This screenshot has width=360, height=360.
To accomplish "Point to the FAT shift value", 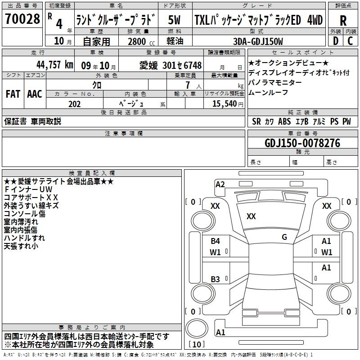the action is click(x=13, y=94).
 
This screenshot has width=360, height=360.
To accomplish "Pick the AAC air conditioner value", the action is click(x=35, y=94).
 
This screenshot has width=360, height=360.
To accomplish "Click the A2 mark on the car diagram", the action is click(x=220, y=184).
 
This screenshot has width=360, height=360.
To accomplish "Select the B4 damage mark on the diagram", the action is click(x=215, y=241).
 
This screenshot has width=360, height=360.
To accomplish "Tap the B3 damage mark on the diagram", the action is click(x=215, y=279).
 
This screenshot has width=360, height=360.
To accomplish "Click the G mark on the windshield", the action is click(x=284, y=237).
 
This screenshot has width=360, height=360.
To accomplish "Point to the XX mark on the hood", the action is click(x=251, y=216).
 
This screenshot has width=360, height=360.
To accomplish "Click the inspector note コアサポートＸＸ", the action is click(x=31, y=198).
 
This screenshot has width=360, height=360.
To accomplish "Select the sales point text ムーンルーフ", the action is click(x=268, y=92).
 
